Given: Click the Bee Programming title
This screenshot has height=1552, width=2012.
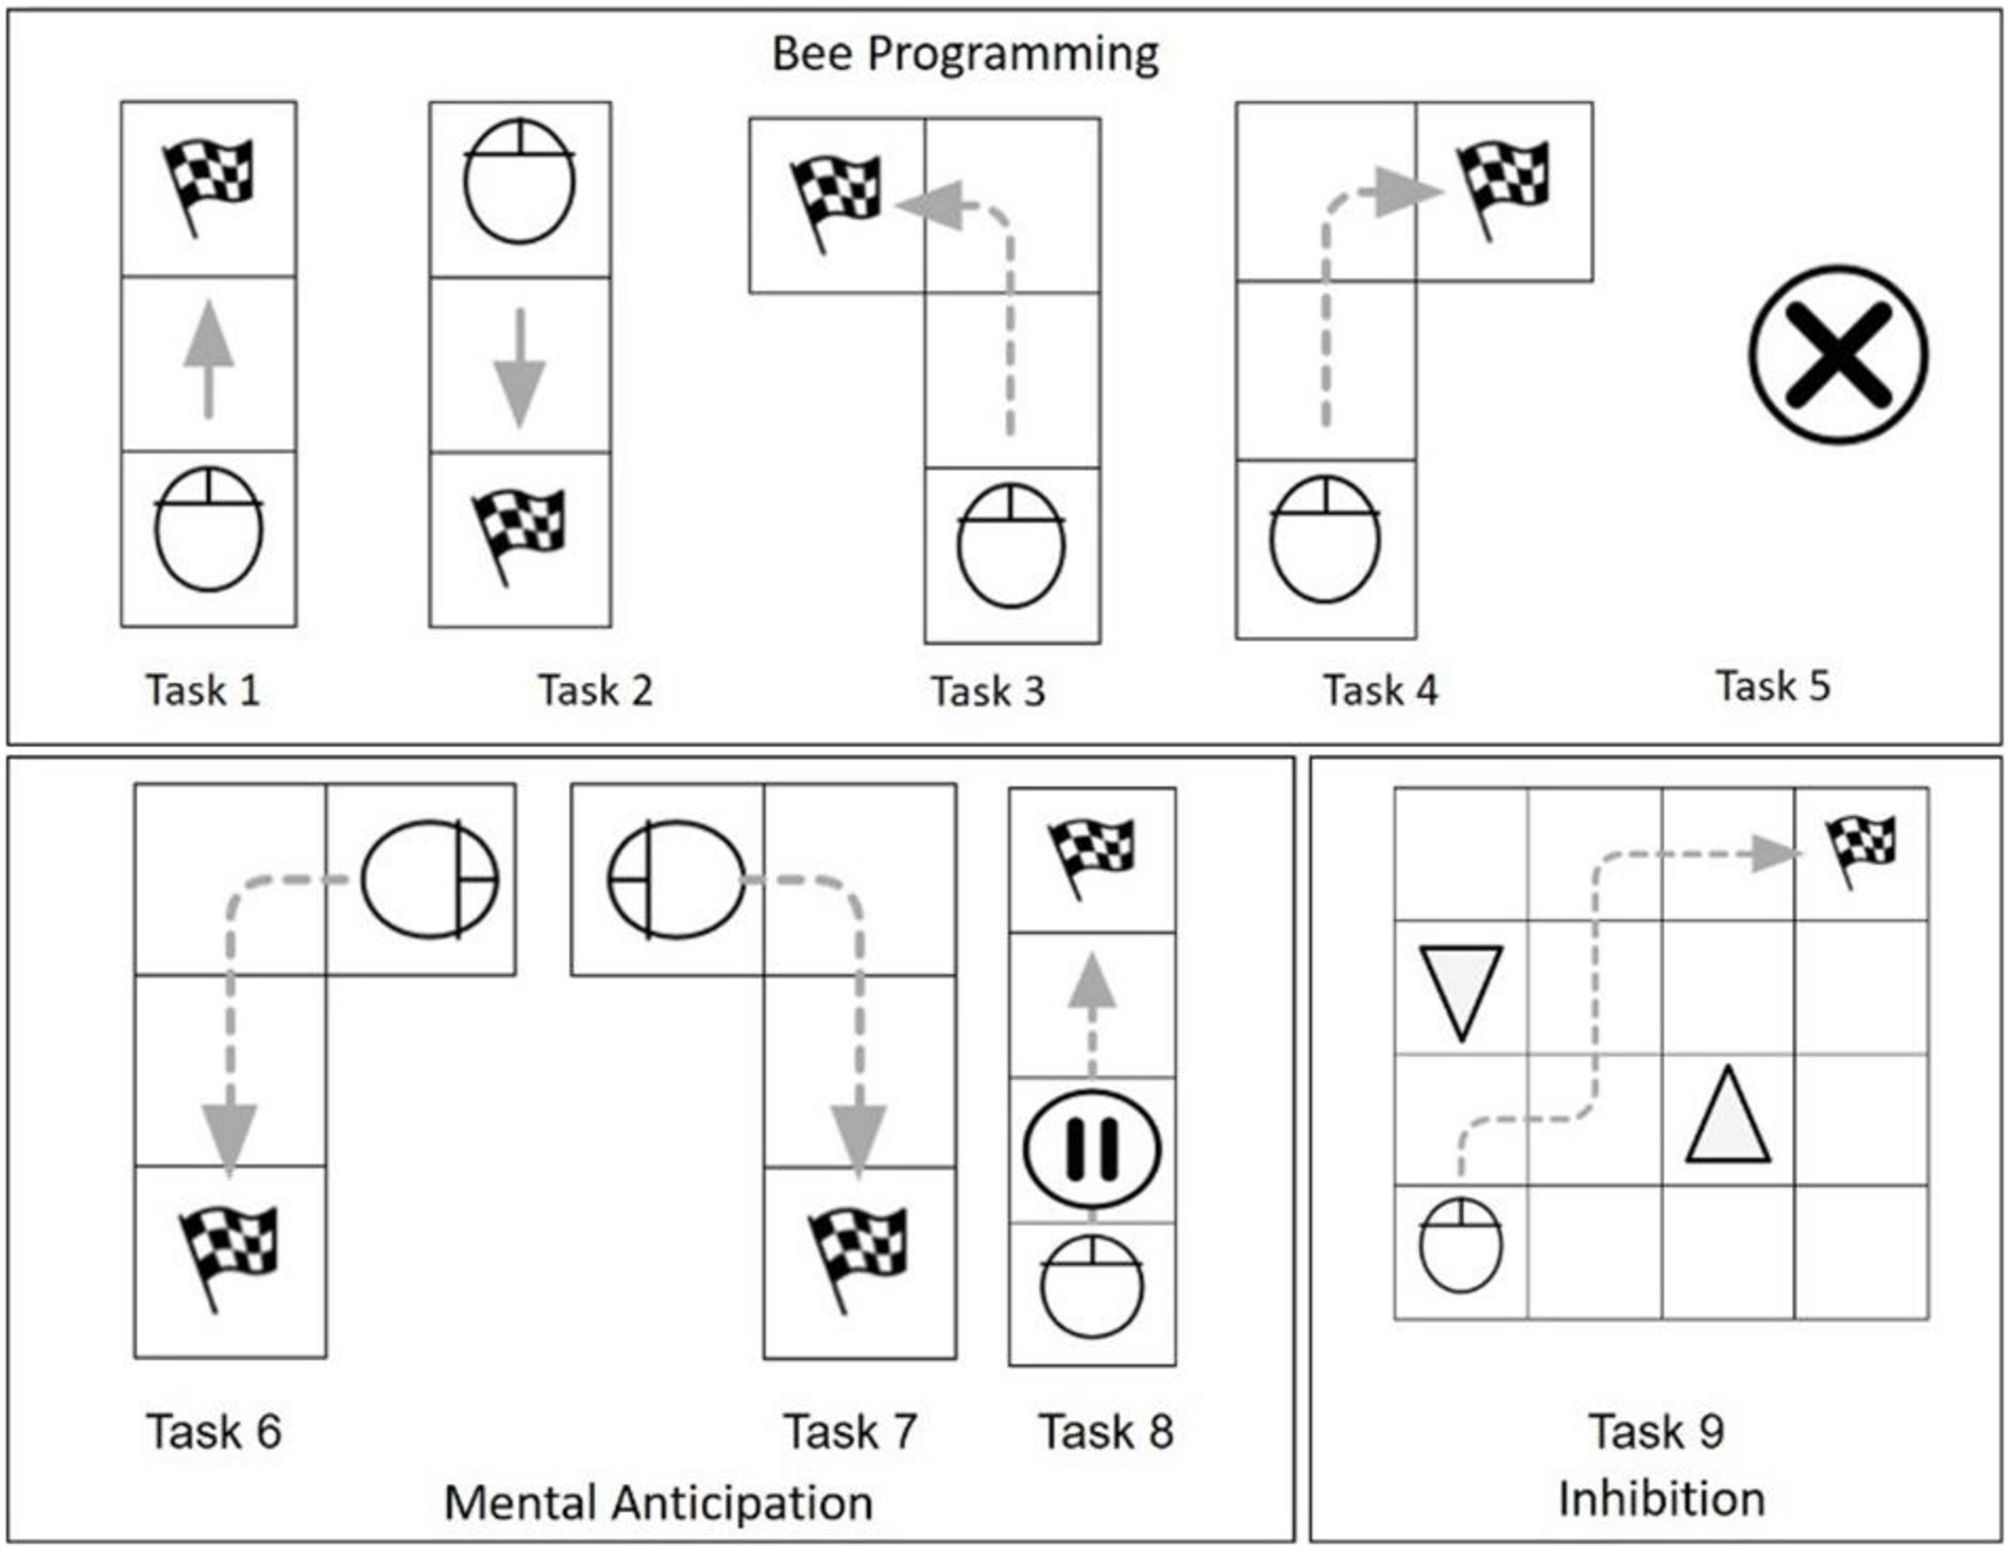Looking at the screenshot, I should point(965,54).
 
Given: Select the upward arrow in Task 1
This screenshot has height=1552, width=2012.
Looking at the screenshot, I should point(209,359).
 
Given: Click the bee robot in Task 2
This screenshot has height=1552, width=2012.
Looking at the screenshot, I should point(519,182).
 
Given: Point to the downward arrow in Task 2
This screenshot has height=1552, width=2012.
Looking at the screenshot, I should point(520,367).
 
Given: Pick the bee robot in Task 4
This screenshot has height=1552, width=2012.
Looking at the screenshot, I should point(1325,540).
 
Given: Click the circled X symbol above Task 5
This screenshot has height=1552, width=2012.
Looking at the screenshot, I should point(1838,355).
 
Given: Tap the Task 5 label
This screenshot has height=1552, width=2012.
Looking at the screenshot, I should point(1772,686).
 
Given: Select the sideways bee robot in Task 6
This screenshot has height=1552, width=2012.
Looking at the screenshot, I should point(428,879).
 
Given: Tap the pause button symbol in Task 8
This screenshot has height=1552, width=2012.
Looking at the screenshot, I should point(1092,1149).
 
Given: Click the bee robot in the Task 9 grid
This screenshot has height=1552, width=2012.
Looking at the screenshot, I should point(1460,1246).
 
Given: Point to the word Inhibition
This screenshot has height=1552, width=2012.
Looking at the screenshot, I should point(1661,1498).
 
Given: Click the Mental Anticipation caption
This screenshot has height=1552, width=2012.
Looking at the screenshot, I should point(658,1502).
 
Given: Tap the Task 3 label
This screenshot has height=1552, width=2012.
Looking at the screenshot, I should point(987,692).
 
